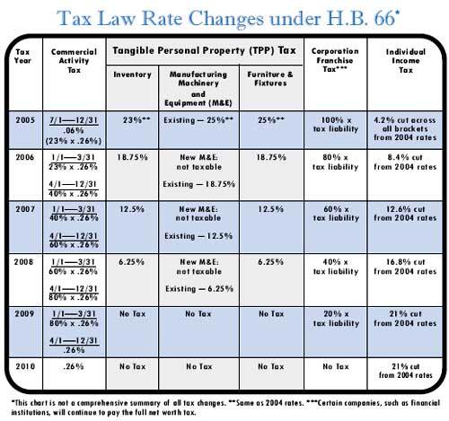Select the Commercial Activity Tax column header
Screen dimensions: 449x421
click(74, 61)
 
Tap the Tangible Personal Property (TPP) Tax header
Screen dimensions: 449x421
click(205, 50)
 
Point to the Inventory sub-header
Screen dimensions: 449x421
click(132, 75)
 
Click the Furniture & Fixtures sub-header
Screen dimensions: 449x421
click(270, 79)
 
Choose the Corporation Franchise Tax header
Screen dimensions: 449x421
click(335, 60)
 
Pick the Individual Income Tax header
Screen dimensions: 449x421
click(406, 61)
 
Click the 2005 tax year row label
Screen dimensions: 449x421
click(25, 120)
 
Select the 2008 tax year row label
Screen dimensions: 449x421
click(23, 262)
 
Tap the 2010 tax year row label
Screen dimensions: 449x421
click(25, 366)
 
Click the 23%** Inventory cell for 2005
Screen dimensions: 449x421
click(136, 120)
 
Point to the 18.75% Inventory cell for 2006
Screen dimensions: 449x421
click(132, 157)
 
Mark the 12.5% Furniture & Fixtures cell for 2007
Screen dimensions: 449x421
click(271, 209)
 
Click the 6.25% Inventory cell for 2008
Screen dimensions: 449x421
click(131, 262)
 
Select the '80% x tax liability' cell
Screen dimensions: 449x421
click(336, 162)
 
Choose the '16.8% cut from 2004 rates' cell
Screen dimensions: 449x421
click(406, 267)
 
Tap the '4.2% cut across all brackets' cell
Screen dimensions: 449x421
click(405, 129)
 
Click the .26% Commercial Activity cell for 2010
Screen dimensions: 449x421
click(74, 366)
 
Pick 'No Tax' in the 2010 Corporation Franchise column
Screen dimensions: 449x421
click(336, 366)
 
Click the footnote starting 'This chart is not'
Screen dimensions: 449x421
click(225, 408)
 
